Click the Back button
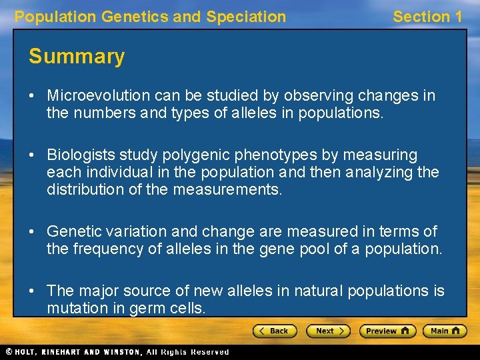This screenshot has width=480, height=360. coord(275,331)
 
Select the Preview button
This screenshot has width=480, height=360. coord(387,331)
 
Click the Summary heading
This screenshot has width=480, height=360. coord(77,57)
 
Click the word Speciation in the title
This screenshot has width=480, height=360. coord(246,17)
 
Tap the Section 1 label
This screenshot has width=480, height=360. coord(427,17)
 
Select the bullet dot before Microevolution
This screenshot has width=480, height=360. coord(32,95)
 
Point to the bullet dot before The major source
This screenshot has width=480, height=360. coord(32,291)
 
